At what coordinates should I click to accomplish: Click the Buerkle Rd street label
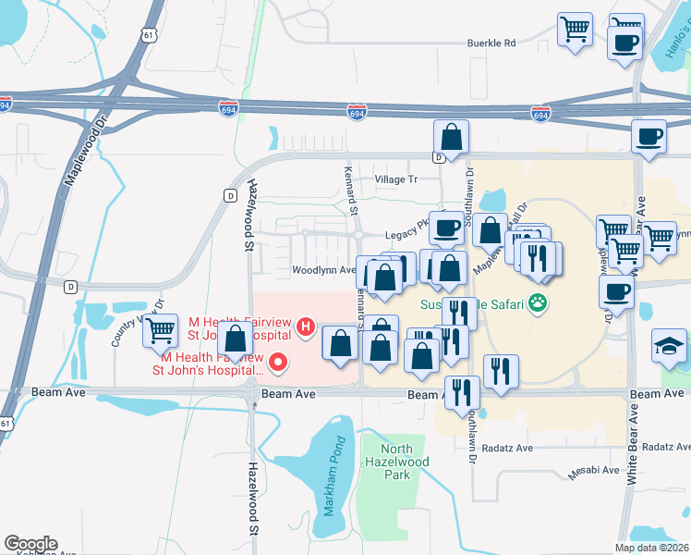click(x=491, y=43)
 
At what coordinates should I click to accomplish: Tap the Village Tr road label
click(x=395, y=179)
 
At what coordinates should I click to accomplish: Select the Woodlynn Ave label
click(x=323, y=270)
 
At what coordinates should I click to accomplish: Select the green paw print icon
click(x=538, y=302)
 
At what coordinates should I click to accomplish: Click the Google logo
click(x=30, y=544)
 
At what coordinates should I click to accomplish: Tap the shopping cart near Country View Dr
click(x=161, y=327)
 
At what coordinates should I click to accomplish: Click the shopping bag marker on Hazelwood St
click(x=236, y=339)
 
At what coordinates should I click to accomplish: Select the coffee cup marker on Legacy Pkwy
click(x=448, y=227)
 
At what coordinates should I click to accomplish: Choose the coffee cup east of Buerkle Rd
click(x=624, y=41)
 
